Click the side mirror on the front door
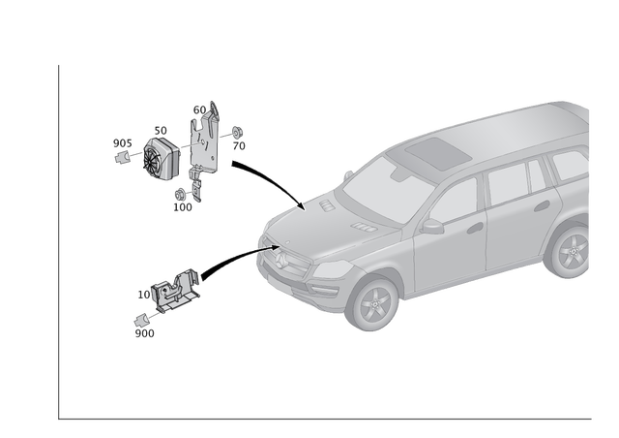429,227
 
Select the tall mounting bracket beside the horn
205,141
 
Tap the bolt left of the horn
122,149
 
